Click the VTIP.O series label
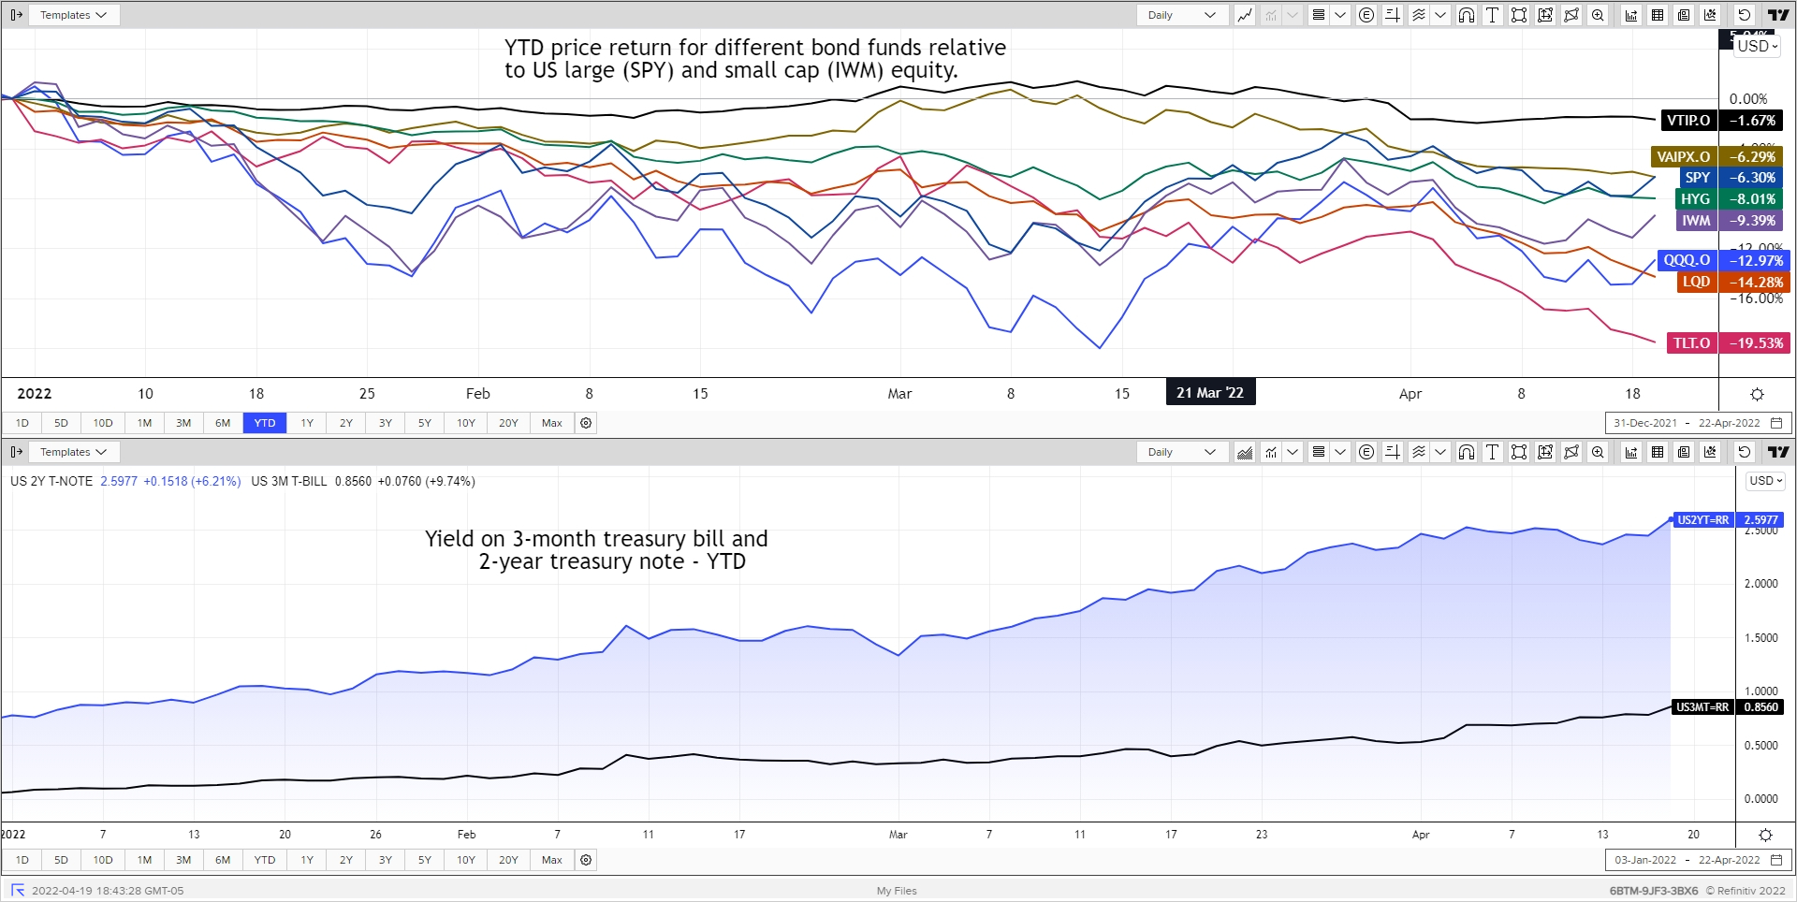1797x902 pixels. [1688, 121]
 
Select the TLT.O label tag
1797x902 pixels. [1691, 343]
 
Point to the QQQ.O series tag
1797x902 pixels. [1687, 261]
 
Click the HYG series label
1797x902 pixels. [1695, 199]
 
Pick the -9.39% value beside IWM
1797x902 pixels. [1752, 221]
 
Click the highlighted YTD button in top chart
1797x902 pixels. [265, 423]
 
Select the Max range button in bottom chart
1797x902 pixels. [552, 860]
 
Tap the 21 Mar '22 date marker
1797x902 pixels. [1209, 393]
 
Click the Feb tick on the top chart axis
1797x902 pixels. [477, 394]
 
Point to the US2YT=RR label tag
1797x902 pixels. [1702, 520]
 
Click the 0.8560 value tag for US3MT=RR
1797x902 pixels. [1760, 707]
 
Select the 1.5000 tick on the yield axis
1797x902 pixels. [1760, 638]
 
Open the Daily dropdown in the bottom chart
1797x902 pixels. [1182, 452]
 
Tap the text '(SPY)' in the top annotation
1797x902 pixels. [648, 70]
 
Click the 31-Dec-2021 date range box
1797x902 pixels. [1644, 423]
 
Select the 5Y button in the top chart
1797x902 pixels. [425, 423]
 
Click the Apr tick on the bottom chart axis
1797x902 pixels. [1420, 835]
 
